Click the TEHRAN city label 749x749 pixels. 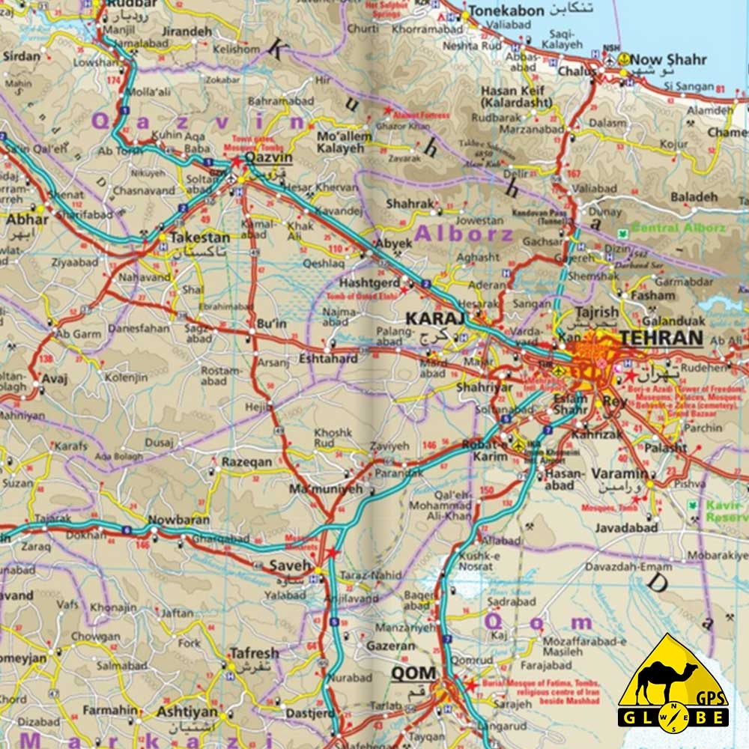click(x=661, y=338)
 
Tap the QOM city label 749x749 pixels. click(x=413, y=673)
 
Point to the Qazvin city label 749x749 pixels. click(x=268, y=159)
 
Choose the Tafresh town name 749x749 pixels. click(x=254, y=652)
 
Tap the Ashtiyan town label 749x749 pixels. click(x=187, y=711)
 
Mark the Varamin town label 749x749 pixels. click(x=619, y=473)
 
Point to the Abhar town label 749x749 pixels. click(x=28, y=219)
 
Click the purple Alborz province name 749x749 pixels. click(x=464, y=234)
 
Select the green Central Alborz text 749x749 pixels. click(x=679, y=228)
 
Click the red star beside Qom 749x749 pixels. click(x=470, y=685)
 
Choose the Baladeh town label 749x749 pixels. click(x=694, y=197)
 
